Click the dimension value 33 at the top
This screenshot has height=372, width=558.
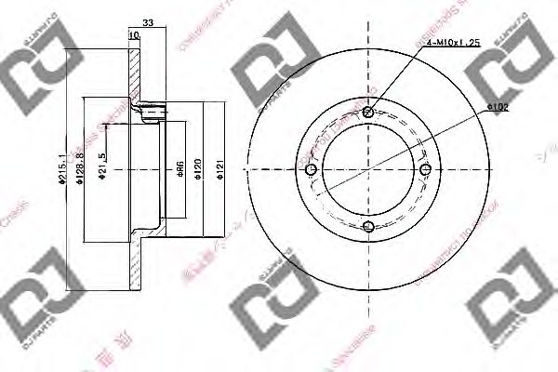(x=147, y=22)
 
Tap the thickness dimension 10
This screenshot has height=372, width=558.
(x=134, y=35)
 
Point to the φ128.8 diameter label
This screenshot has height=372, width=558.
(x=81, y=169)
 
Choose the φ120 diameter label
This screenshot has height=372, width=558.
(x=197, y=169)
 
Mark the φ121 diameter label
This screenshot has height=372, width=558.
(x=220, y=169)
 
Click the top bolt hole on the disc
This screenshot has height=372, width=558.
(x=368, y=113)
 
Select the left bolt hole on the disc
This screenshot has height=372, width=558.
(x=312, y=169)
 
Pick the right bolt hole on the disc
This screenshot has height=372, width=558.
(x=425, y=169)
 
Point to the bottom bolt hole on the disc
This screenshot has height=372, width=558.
(x=368, y=226)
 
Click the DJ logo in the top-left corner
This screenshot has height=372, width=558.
(x=34, y=68)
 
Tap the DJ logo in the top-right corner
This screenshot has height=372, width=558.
(x=513, y=67)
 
